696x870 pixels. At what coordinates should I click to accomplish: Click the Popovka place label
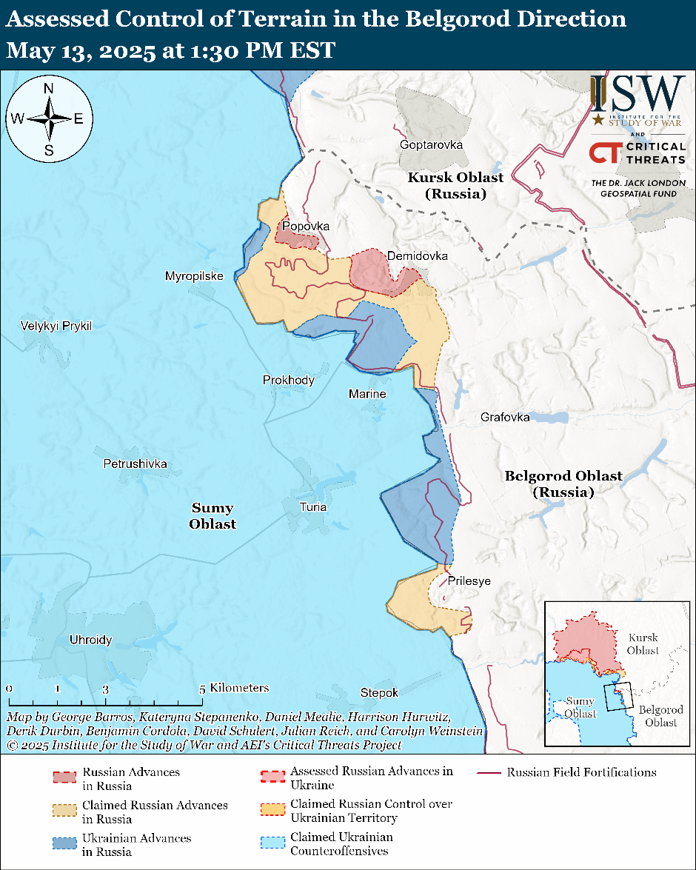(x=304, y=226)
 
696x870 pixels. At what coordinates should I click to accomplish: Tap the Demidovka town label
(x=418, y=255)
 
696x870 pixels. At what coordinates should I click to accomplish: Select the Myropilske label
(x=194, y=276)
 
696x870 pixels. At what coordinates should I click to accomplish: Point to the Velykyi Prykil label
(x=56, y=326)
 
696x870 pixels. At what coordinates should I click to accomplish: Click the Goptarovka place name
(x=431, y=144)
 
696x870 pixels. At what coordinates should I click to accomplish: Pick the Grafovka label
(x=505, y=417)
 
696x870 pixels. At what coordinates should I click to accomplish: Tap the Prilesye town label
(x=469, y=581)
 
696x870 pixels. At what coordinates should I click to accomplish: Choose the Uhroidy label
(x=90, y=640)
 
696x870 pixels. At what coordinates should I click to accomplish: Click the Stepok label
(x=379, y=692)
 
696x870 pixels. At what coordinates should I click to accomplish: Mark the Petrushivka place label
(x=135, y=464)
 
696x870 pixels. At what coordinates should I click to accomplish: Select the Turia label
(x=312, y=507)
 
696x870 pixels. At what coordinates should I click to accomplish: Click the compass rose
(x=49, y=118)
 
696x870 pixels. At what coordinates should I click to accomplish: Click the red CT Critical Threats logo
(x=603, y=153)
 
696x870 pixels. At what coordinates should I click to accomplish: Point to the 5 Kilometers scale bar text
(x=235, y=688)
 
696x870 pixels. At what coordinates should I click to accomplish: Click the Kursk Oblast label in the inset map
(x=642, y=643)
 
